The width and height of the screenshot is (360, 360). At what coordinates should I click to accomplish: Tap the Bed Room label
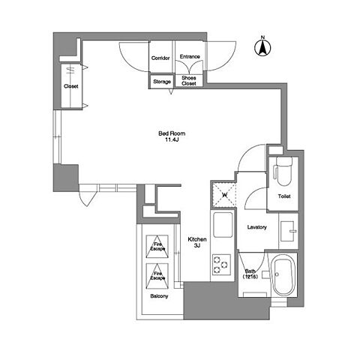click(172, 133)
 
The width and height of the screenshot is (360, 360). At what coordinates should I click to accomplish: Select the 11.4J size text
click(172, 139)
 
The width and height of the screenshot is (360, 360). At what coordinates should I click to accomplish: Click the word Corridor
click(160, 58)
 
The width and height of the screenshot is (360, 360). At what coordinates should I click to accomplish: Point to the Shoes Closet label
click(189, 81)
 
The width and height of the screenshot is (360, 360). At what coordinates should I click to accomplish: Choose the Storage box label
click(162, 82)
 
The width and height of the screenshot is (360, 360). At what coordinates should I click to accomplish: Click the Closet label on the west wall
click(71, 86)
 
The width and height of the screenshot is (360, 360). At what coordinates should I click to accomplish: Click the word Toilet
click(284, 196)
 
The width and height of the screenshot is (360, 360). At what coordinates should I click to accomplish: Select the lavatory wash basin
click(288, 231)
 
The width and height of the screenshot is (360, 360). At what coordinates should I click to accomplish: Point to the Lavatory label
click(257, 227)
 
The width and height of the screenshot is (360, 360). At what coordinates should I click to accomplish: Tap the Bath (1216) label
click(250, 274)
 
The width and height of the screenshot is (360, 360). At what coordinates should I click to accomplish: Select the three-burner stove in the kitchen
click(221, 265)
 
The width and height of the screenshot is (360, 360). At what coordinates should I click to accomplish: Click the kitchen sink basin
click(223, 225)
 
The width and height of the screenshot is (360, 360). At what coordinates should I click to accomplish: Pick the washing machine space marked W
click(224, 195)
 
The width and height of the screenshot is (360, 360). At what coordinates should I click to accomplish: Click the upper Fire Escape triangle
click(157, 247)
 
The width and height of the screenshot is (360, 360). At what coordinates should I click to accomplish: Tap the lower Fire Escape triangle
click(157, 276)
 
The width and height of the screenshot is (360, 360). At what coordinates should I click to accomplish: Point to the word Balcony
click(159, 296)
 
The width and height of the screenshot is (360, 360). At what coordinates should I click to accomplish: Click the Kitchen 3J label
click(197, 242)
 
